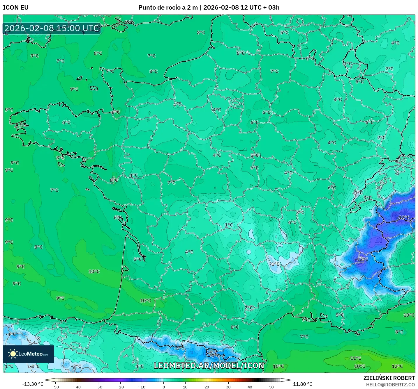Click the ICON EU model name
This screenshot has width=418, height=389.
coord(16,8)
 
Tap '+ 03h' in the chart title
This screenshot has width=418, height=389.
coord(271,8)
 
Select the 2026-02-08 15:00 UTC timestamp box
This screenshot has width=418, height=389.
coord(52,28)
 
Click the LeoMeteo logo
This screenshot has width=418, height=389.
coord(29,354)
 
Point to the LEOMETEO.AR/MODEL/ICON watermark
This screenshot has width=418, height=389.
coord(209,365)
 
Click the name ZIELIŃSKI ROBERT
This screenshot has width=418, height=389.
coord(389,378)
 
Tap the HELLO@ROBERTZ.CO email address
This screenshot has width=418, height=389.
coord(390,385)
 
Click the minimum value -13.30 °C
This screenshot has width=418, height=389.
coord(33,384)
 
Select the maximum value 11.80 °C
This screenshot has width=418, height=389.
coord(303,384)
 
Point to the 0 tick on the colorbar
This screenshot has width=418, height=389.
coord(163,387)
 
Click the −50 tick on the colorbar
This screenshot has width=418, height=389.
coord(55,387)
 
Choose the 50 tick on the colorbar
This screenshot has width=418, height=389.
coord(271,387)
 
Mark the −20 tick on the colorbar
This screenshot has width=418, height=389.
coord(120,387)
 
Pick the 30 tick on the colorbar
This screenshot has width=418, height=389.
coord(228,387)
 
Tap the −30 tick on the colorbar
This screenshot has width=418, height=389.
coord(98,387)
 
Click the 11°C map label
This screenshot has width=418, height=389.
coord(356,358)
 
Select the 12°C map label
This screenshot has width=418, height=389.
coord(397,366)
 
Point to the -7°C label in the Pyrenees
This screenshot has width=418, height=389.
coord(215,356)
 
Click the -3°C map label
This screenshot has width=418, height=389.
coord(77,366)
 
